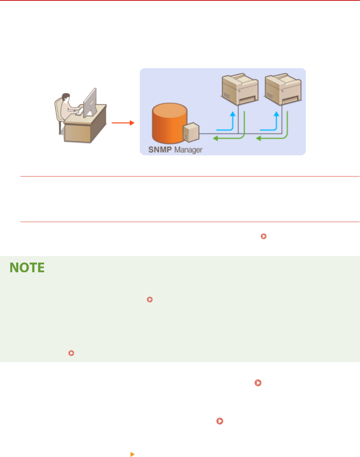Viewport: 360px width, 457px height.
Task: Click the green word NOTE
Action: point(27,268)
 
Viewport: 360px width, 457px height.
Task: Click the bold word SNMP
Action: point(160,150)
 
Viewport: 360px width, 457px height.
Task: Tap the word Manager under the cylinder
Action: point(188,150)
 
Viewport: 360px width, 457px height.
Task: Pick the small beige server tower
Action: point(191,132)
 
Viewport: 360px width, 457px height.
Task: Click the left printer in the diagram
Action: point(239,89)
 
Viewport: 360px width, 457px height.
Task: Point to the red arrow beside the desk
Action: point(123,123)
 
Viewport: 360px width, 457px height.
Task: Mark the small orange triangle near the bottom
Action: point(132,454)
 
